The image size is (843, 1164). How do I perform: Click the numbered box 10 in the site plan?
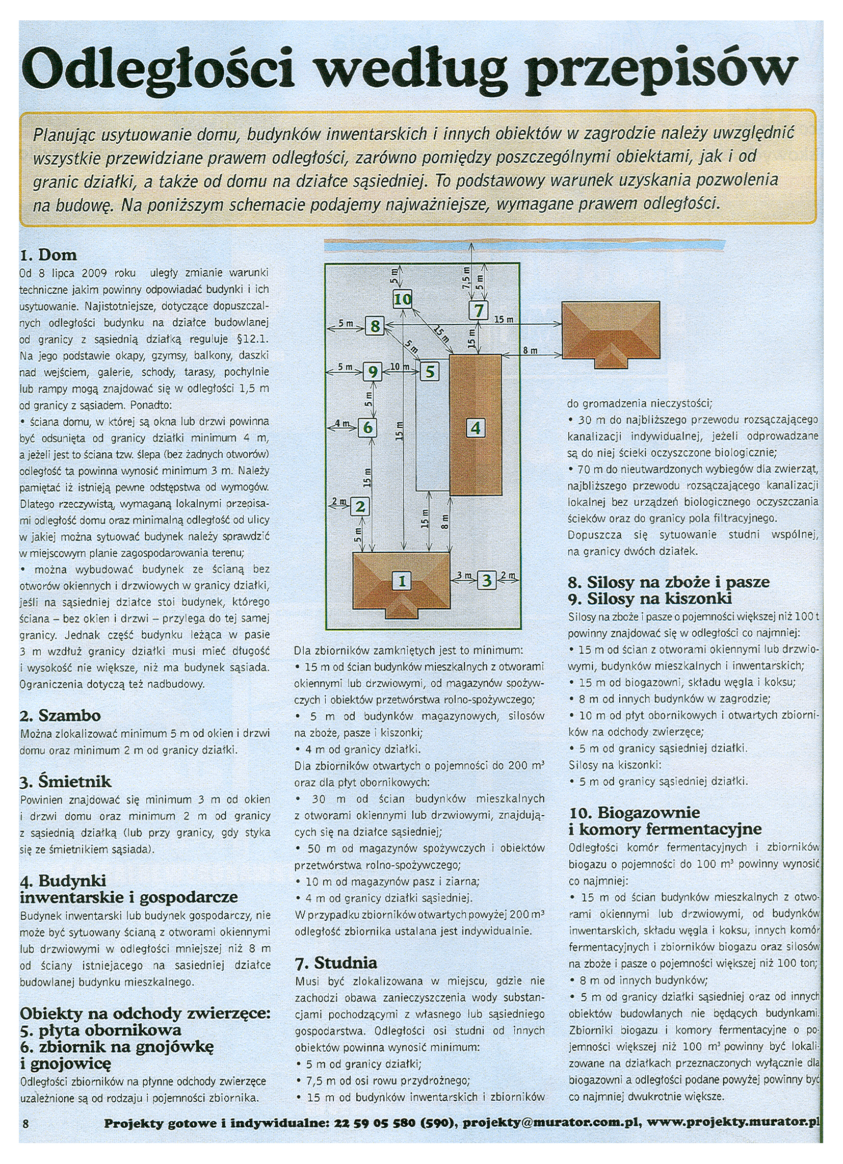(402, 299)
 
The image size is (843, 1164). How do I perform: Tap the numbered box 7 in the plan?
(479, 310)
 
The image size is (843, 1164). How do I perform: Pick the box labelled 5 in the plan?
(430, 371)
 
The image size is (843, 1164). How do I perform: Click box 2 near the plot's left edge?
(360, 507)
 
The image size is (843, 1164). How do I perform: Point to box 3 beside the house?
(486, 580)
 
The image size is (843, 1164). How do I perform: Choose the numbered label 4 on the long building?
(476, 428)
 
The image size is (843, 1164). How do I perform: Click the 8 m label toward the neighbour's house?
(530, 350)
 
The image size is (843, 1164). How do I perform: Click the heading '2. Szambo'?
(61, 715)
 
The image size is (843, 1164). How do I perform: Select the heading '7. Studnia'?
(336, 962)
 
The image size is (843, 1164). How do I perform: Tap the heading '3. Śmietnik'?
(66, 782)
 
